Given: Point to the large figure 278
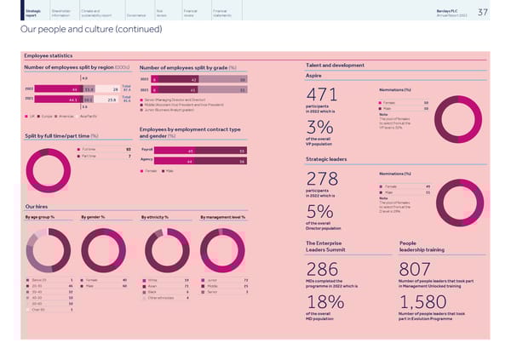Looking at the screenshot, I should pyautogui.click(x=322, y=180).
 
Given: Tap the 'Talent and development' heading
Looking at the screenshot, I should pyautogui.click(x=331, y=66).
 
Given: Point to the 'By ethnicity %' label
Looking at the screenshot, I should pyautogui.click(x=155, y=217).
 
